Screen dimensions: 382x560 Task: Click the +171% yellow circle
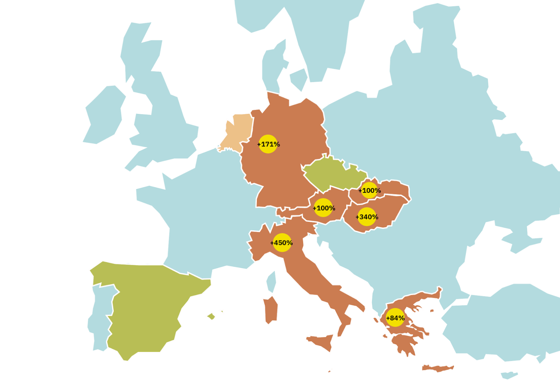point(268,144)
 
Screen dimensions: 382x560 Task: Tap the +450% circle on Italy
point(282,243)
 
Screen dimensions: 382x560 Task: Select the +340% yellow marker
point(367,217)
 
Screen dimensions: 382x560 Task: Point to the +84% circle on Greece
point(395,318)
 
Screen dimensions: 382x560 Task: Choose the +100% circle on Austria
point(323,208)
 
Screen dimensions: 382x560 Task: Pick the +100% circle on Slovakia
point(369,190)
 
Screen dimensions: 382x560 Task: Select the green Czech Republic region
point(332,173)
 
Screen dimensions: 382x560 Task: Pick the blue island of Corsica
point(271,281)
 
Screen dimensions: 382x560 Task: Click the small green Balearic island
point(211,316)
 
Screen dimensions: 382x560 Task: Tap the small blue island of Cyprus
point(509,375)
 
